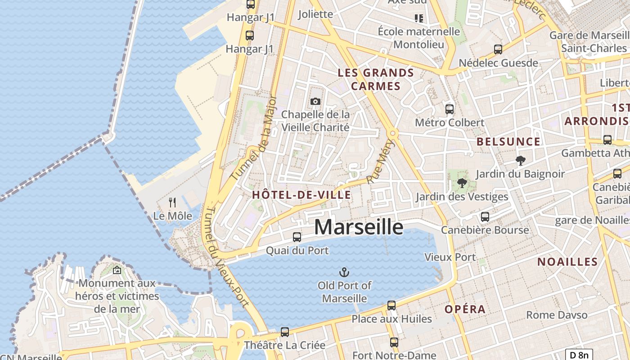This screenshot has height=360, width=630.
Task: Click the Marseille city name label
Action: point(359,227)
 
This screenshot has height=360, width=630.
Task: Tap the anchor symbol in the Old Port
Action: point(344,272)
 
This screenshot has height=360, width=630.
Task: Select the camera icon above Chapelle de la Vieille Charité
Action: point(315,101)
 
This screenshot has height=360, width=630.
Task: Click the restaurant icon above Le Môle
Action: point(172,202)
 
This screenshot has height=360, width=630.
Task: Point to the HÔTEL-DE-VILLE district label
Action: point(301,195)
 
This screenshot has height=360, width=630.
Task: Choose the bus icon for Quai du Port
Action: point(297,237)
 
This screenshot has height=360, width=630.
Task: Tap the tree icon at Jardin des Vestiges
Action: point(462,183)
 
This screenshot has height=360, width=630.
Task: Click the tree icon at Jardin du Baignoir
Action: point(520,160)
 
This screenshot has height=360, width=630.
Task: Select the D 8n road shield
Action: point(579,355)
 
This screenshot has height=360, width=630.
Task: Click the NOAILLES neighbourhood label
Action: point(567,262)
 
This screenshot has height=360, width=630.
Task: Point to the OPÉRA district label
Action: point(465,309)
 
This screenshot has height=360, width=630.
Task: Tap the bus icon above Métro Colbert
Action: point(449,109)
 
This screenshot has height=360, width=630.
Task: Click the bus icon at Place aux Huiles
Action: point(391,306)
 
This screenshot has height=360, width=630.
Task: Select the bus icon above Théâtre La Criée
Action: point(285,332)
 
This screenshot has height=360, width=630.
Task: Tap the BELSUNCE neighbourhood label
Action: point(508,142)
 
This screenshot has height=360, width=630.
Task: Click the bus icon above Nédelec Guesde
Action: point(498,49)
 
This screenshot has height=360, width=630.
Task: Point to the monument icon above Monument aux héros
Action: point(117,270)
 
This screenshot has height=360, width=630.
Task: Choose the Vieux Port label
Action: point(450,257)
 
